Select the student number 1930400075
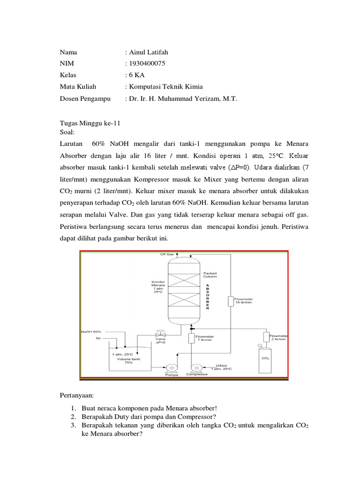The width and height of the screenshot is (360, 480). pyautogui.click(x=147, y=63)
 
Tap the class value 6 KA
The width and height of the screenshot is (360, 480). pyautogui.click(x=135, y=75)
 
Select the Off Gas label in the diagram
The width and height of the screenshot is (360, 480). pyautogui.click(x=167, y=255)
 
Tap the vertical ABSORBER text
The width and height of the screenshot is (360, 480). pyautogui.click(x=207, y=296)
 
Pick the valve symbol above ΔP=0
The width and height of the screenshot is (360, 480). pyautogui.click(x=158, y=335)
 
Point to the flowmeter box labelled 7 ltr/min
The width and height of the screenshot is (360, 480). pyautogui.click(x=191, y=338)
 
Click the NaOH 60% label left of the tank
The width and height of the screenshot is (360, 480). pyautogui.click(x=91, y=331)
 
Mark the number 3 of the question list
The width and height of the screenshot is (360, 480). pyautogui.click(x=74, y=426)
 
